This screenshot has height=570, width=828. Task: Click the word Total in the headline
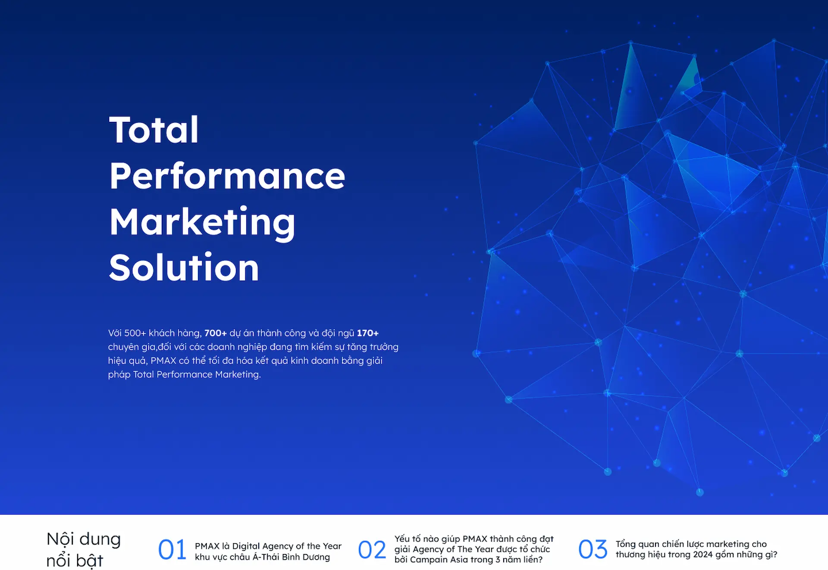tap(154, 130)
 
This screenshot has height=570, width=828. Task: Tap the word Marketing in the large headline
tap(202, 222)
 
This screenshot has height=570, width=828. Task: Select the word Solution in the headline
tap(184, 268)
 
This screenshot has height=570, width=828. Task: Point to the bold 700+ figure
tap(215, 333)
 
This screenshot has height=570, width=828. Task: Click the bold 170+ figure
tap(367, 333)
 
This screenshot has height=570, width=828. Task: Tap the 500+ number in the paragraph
tap(135, 333)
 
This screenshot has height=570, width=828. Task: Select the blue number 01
tap(172, 550)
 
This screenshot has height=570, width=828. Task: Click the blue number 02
tap(372, 550)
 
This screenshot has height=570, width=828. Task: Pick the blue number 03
tap(593, 550)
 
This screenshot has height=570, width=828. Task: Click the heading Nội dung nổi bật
tap(83, 550)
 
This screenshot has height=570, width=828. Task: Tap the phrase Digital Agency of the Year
tap(287, 546)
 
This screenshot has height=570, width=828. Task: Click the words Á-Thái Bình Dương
tap(291, 557)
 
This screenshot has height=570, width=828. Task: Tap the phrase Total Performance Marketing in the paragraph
tap(196, 374)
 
